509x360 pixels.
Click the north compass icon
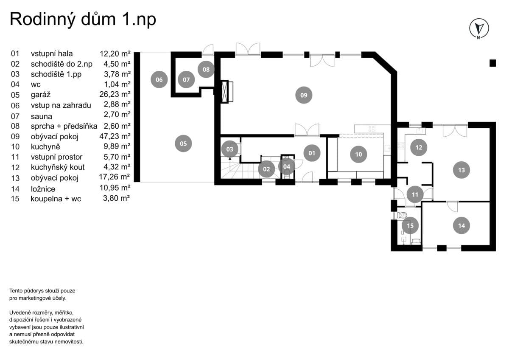coord(479,29)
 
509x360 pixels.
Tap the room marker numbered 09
coord(304,95)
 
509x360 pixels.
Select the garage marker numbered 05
coord(183,143)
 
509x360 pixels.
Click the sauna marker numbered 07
coord(186,79)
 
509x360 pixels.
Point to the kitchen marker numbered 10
coord(358,154)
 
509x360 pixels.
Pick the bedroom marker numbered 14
coord(461,225)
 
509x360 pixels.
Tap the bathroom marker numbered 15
coord(410,225)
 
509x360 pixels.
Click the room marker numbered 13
coord(461,170)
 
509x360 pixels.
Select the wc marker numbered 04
coord(287,166)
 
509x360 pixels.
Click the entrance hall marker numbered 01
coord(312,153)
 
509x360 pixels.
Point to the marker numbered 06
coord(159,79)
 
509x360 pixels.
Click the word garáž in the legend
coord(41,95)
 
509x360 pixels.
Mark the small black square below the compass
coord(492,63)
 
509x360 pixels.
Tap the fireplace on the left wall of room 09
coord(228,91)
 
